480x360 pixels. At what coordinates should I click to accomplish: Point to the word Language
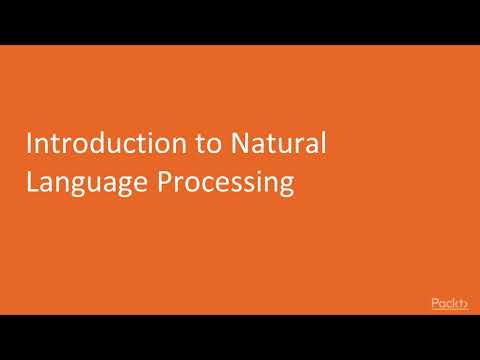pos(83,184)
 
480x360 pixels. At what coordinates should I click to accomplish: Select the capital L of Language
pos(31,183)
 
